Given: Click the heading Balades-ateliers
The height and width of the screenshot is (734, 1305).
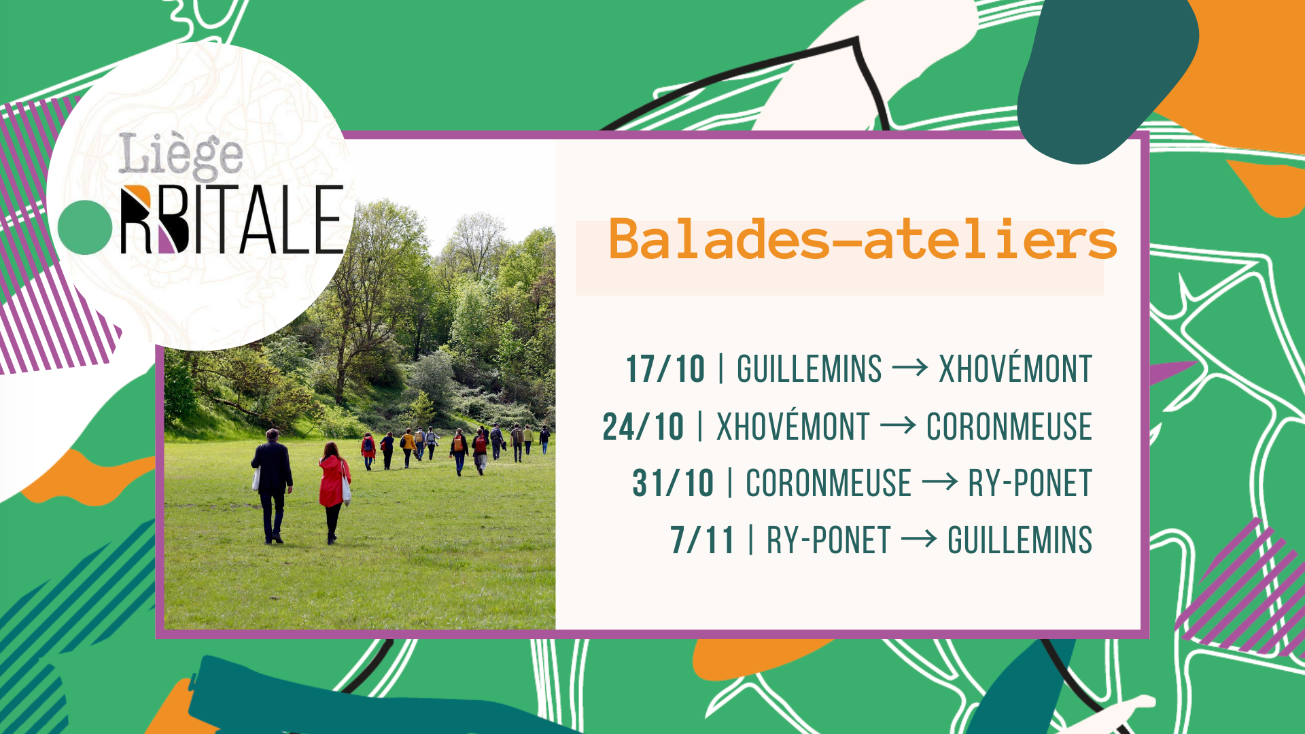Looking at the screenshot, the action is click(863, 240).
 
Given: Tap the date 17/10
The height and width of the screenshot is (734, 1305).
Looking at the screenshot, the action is click(665, 370).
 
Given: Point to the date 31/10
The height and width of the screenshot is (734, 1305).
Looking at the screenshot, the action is click(673, 484).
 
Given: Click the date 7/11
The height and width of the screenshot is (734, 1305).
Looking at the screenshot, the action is click(702, 541).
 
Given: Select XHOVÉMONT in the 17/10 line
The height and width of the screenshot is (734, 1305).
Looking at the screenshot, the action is click(1015, 370).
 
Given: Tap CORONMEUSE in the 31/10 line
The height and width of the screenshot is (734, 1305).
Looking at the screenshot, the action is click(829, 484).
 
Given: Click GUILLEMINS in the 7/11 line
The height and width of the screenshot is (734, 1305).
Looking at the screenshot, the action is click(1020, 541).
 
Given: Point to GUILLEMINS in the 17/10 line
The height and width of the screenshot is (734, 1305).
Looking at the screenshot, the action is click(810, 370).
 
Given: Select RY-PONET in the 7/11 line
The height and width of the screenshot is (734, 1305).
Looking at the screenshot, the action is click(829, 541).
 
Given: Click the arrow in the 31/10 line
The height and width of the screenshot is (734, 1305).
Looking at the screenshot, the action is click(940, 483).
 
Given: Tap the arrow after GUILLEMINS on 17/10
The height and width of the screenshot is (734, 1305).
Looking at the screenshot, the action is click(910, 368).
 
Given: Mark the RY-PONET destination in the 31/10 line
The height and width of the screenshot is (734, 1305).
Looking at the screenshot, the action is click(1030, 484).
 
